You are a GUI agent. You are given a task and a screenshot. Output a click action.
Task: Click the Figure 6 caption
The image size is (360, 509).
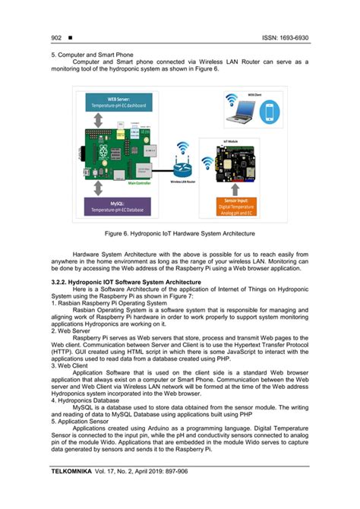point(179,233)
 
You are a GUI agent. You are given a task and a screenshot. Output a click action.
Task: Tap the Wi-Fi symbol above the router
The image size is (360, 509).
point(182,148)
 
